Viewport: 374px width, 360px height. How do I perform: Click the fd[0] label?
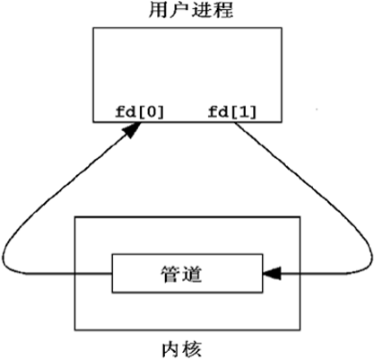click(140, 112)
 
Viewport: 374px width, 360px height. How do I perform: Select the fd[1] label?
click(232, 112)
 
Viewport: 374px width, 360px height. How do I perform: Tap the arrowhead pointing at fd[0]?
click(133, 130)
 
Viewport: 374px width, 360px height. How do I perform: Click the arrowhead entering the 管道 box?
click(272, 273)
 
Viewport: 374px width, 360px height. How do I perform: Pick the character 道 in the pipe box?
click(192, 274)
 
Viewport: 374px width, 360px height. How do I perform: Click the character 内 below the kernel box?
click(171, 349)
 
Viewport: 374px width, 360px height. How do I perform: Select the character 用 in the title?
click(159, 10)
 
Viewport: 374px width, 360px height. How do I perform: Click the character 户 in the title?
click(180, 10)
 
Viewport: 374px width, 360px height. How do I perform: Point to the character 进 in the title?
click(202, 10)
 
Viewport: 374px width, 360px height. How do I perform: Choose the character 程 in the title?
click(223, 10)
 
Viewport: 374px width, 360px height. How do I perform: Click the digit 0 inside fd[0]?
click(150, 112)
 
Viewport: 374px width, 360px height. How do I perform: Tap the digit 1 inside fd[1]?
click(242, 112)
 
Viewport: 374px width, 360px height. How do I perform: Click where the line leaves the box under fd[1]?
click(235, 122)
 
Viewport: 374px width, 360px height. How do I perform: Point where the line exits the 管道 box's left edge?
click(112, 273)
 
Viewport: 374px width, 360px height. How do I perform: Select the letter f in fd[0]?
click(120, 112)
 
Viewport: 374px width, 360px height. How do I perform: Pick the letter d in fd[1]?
click(222, 112)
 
